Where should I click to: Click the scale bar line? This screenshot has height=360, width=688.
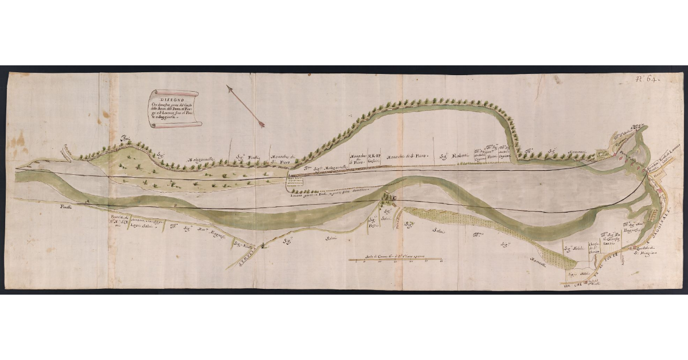(395, 260)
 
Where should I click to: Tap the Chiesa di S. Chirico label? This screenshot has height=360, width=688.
(592, 241)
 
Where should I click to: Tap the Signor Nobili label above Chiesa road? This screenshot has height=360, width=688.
(573, 248)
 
